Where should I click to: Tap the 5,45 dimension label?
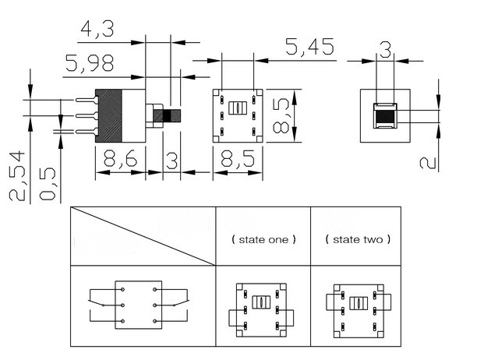309,48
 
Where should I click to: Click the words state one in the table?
263,240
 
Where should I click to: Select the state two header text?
358,240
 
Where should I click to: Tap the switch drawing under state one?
262,306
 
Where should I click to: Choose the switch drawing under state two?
357,306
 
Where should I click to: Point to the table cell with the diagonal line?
143,236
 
